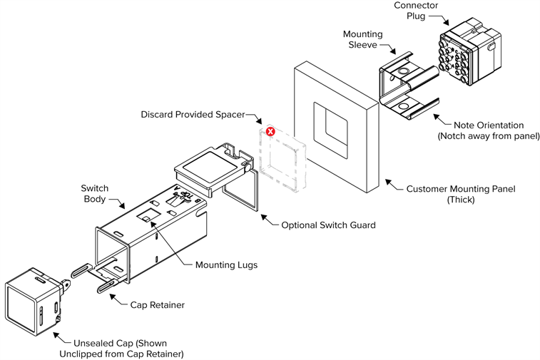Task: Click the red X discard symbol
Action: [x=270, y=132]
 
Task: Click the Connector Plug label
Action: [x=416, y=11]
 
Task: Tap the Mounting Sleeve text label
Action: [x=362, y=39]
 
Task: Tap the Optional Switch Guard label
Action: [x=328, y=225]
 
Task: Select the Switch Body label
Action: [x=93, y=194]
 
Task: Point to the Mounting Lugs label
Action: [x=226, y=265]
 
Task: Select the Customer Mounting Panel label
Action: [x=460, y=189]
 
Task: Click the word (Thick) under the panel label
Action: [x=461, y=200]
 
